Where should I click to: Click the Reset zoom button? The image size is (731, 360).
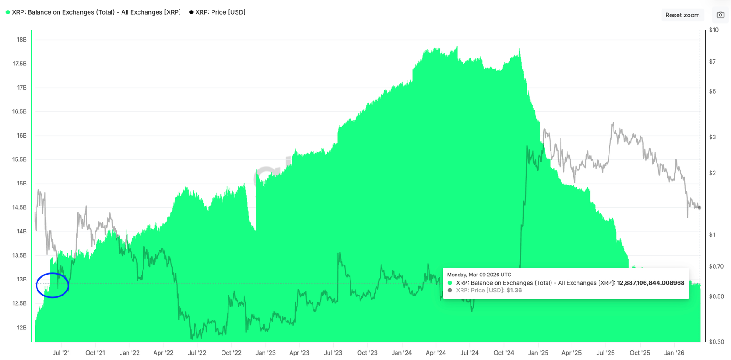tap(682, 15)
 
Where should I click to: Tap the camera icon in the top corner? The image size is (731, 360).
tap(720, 15)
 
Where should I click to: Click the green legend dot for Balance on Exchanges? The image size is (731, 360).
tap(8, 12)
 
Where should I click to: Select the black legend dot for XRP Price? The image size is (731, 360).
tap(191, 12)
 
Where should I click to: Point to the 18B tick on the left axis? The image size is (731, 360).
tap(21, 40)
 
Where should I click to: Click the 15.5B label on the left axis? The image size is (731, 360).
tap(20, 159)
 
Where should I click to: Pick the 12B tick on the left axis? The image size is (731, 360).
tap(21, 328)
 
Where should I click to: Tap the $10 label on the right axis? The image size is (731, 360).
tap(714, 30)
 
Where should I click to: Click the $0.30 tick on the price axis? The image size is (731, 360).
tap(716, 342)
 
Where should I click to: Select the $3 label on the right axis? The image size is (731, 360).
tap(712, 137)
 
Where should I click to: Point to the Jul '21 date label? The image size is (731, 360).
tap(61, 353)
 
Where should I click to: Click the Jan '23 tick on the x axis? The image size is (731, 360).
tap(265, 353)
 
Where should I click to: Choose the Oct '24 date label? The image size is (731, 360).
tap(504, 353)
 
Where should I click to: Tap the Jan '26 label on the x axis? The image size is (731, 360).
tap(674, 353)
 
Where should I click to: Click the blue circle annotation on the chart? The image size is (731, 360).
tap(53, 286)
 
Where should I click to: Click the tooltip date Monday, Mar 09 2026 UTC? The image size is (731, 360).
tap(479, 275)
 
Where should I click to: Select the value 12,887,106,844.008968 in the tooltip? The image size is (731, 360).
tap(651, 283)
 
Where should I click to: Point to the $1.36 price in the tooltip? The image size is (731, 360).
tap(514, 291)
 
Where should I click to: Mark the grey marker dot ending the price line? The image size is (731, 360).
tap(699, 208)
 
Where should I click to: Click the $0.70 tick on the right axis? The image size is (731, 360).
tap(716, 266)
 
